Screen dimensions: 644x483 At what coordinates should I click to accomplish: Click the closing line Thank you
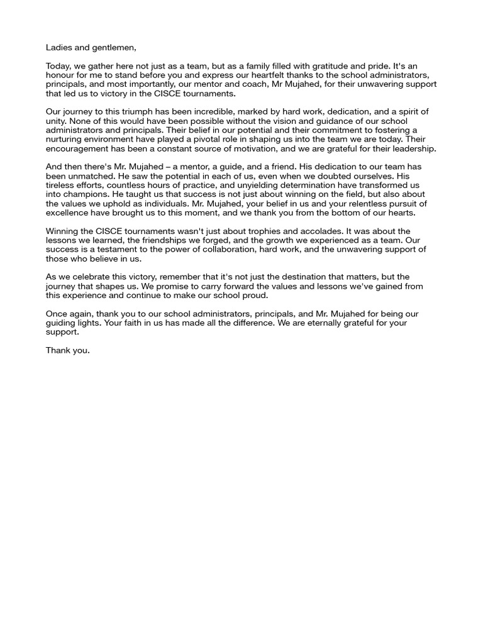pyautogui.click(x=67, y=351)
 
